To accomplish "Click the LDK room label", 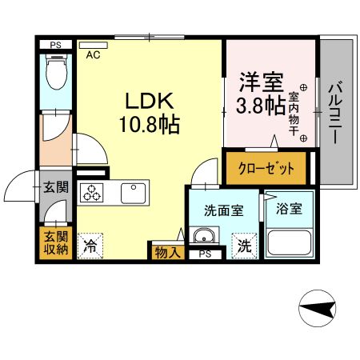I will (150, 102).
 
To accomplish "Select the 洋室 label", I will (258, 82).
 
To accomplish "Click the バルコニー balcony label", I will (336, 111).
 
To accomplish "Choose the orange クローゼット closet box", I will (266, 169).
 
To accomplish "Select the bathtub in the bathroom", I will (290, 242).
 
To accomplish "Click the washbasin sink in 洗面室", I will (204, 236).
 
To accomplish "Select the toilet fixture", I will (55, 75).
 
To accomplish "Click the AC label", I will (93, 55).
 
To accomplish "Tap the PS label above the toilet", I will (56, 46).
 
